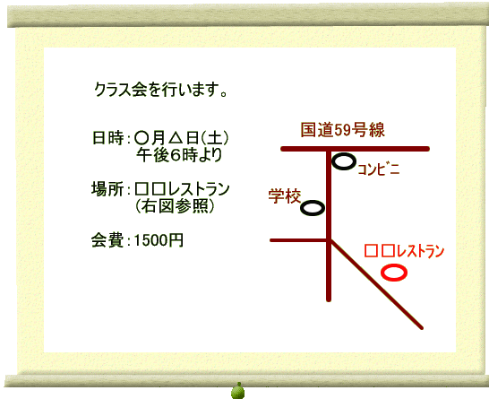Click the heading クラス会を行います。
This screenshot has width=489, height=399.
pos(161,90)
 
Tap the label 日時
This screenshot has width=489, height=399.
pos(107,138)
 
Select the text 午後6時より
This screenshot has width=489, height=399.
pos(179,155)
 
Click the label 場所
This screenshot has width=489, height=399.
pos(107,189)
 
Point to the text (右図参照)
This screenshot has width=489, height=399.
pos(176,206)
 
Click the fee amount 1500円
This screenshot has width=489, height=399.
pos(159,240)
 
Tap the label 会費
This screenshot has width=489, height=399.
pos(107,240)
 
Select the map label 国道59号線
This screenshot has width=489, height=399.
pos(343,130)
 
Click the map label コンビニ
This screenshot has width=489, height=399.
pos(379,169)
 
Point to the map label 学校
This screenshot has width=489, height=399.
pos(285,196)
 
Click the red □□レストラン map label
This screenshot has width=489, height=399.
pos(404,251)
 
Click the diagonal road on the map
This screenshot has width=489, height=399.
pos(376,284)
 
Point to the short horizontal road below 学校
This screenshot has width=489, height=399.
pos(299,240)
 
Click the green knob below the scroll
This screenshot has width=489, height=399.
pos(238,391)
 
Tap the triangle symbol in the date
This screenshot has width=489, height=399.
pos(176,138)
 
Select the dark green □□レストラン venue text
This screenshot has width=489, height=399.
pos(182,189)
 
